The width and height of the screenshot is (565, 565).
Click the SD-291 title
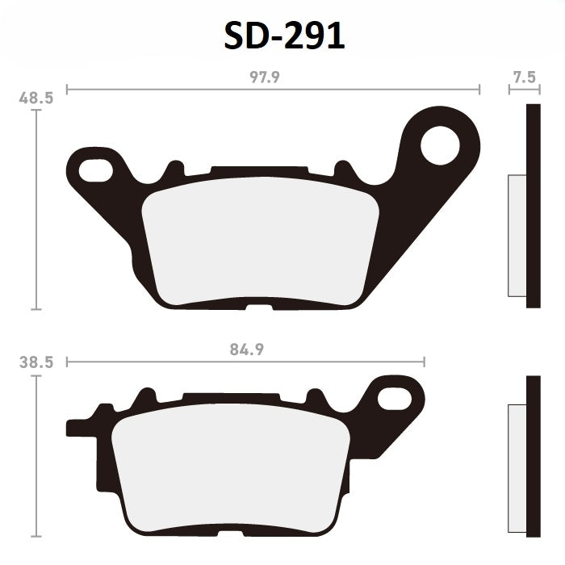click(282, 37)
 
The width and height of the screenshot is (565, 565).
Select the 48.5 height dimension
click(36, 98)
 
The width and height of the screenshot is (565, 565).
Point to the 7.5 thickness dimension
click(524, 77)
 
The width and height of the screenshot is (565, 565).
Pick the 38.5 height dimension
click(36, 363)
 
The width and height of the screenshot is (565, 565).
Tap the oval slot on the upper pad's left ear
click(96, 169)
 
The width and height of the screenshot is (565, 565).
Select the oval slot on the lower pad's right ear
click(395, 397)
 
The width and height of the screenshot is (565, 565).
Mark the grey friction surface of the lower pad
click(230, 468)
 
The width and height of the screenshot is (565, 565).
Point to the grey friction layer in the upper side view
click(516, 235)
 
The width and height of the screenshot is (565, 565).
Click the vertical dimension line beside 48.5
click(36, 210)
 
